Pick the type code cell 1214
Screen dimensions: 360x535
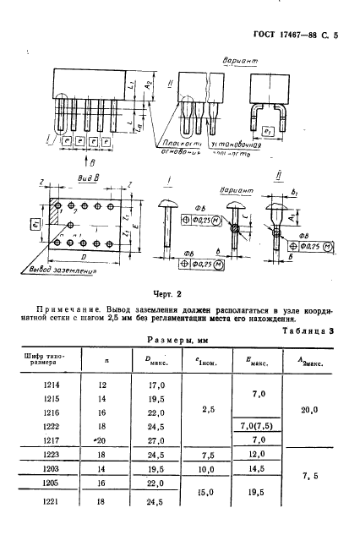pyautogui.click(x=51, y=384)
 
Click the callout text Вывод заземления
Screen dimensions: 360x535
pyautogui.click(x=54, y=271)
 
